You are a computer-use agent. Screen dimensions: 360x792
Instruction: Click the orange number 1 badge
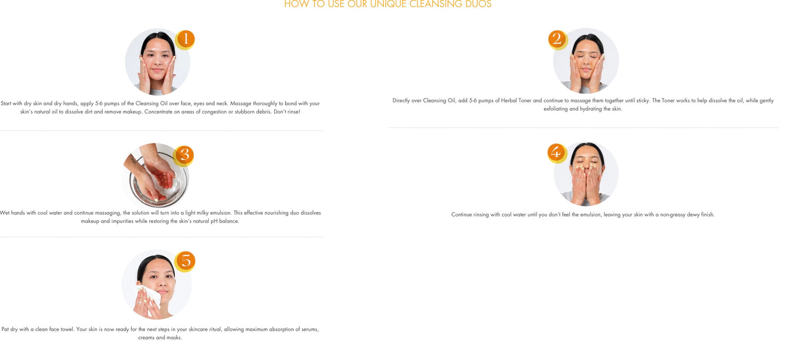(185, 39)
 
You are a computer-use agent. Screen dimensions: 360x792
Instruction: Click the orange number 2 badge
(557, 39)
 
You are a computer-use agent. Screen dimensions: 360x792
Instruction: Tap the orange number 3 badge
(184, 156)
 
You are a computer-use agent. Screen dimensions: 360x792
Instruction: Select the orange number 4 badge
(556, 153)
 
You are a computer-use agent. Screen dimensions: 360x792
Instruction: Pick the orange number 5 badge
(185, 261)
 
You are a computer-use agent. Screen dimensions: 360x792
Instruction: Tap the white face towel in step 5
(149, 296)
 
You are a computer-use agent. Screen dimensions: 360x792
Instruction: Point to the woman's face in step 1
(157, 60)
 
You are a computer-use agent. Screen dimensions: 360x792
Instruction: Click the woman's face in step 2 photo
(586, 60)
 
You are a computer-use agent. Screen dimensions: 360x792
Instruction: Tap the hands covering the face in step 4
(585, 181)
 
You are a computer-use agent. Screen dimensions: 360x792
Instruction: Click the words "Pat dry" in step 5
(10, 330)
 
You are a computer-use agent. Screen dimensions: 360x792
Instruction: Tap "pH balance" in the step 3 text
(225, 221)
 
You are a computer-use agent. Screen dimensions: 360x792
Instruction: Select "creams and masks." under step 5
(160, 338)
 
